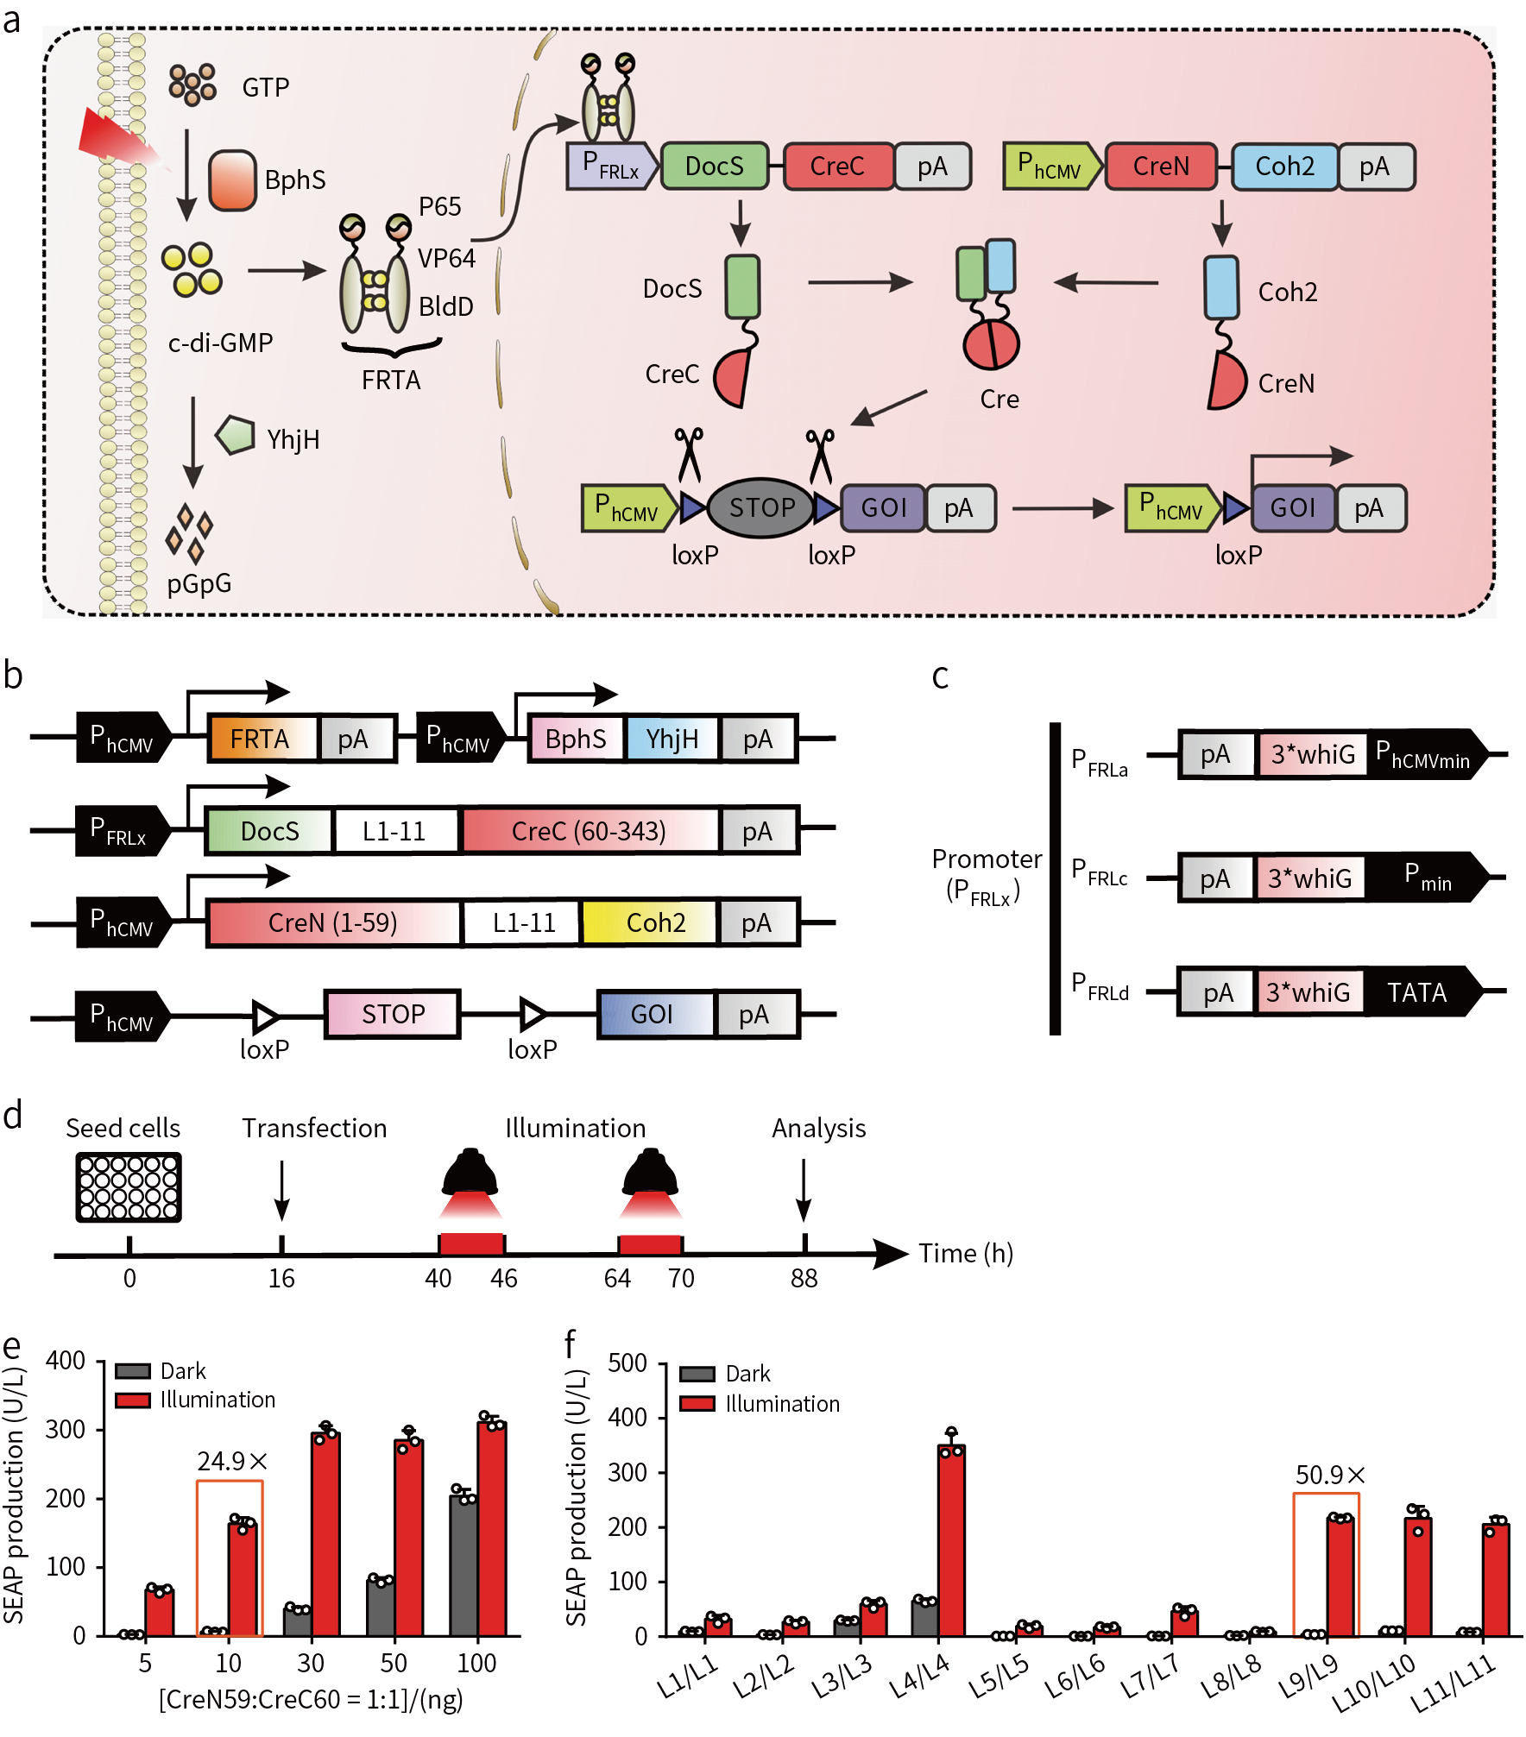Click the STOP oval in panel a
(760, 507)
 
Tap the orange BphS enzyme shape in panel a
(232, 179)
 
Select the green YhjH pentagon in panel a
(235, 435)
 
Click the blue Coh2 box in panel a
(1284, 166)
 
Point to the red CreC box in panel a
(837, 166)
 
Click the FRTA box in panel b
(261, 739)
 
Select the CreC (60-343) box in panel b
(590, 831)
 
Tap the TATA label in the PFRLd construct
(1416, 992)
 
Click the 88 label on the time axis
(804, 1278)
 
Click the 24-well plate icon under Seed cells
(129, 1186)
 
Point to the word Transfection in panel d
(314, 1128)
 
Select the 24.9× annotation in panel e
(232, 1461)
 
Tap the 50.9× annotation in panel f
(1329, 1475)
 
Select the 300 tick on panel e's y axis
(66, 1430)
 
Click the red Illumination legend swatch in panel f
(697, 1403)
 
